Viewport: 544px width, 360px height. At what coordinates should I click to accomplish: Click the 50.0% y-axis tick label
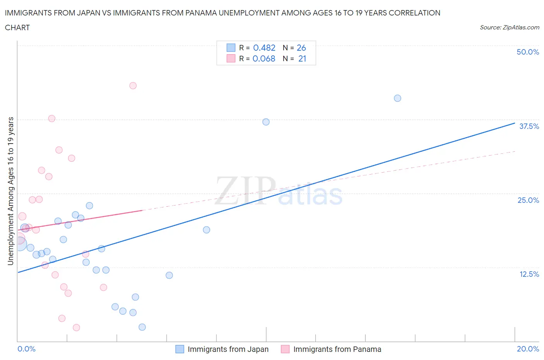coord(527,52)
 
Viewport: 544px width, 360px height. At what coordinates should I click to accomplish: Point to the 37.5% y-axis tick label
coord(529,126)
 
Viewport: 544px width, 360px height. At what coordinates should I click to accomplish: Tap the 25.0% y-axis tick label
coord(528,200)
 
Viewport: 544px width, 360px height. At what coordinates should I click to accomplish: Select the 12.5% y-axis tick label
coord(529,274)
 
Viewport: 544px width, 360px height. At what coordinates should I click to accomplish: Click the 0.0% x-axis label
coord(26,349)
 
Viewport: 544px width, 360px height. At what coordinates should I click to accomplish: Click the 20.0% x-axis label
coord(528,349)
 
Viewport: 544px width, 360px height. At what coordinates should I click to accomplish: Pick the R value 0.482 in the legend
coord(264,48)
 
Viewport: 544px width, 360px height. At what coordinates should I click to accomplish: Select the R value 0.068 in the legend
coord(263,58)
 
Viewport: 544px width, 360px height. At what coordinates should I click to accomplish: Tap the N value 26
coord(301,48)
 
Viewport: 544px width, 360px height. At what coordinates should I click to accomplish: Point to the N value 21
coord(302,58)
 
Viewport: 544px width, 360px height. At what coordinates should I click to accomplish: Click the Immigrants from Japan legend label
coord(228,349)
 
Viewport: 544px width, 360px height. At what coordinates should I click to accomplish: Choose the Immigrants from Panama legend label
coord(337,349)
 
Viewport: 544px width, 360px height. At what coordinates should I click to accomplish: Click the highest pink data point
coord(133,86)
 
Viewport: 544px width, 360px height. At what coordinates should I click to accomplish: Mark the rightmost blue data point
coord(397,98)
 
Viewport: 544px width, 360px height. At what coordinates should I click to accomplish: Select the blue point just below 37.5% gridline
coord(266,122)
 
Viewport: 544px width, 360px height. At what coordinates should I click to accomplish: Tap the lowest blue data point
coord(142,327)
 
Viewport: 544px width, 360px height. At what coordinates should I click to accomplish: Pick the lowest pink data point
coord(76,327)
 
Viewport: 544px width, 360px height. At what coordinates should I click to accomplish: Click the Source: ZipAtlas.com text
coord(509,27)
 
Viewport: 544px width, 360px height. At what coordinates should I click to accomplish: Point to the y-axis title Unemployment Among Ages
coord(11,191)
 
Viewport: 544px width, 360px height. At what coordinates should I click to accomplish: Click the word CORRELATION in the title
coord(414,13)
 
